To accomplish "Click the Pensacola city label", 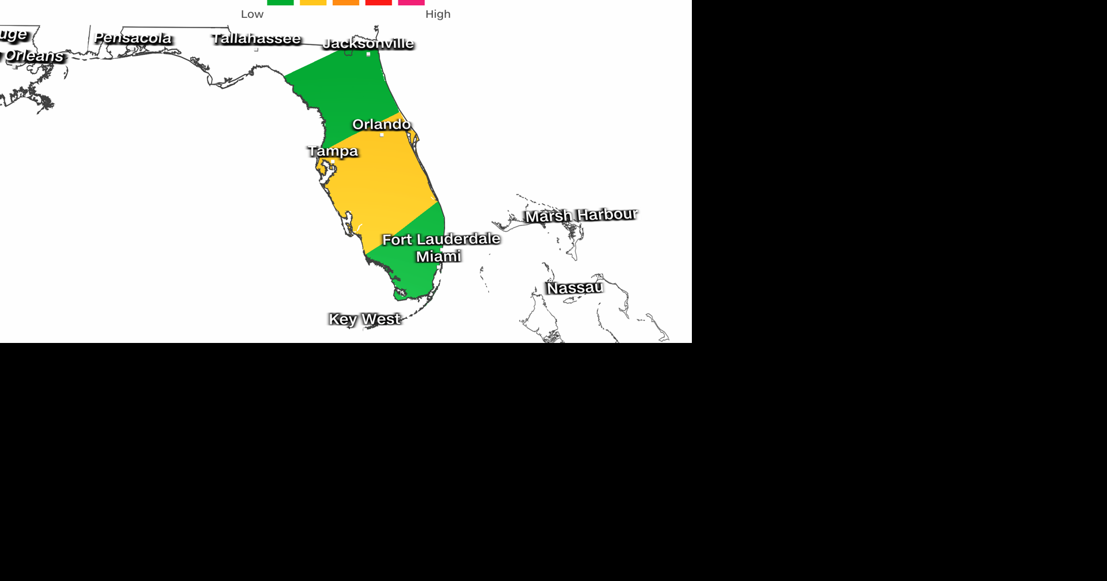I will (133, 38).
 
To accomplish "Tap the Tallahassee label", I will (256, 39).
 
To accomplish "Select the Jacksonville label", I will (368, 43).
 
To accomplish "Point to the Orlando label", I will (381, 124).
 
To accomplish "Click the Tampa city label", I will (333, 151).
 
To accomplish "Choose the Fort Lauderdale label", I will (441, 239).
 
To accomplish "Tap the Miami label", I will (438, 256).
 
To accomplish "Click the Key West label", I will (364, 319).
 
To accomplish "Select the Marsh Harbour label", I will (581, 215).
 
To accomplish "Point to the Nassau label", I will (574, 287).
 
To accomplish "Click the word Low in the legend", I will (252, 14).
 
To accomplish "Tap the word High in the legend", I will (438, 14).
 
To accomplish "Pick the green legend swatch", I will (280, 2).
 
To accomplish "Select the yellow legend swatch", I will (313, 2).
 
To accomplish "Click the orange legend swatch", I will (346, 2).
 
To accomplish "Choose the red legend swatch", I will (378, 2).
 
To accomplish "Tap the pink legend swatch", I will (411, 2).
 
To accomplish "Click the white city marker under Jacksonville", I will (368, 54).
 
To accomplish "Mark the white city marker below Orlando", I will (382, 135).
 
